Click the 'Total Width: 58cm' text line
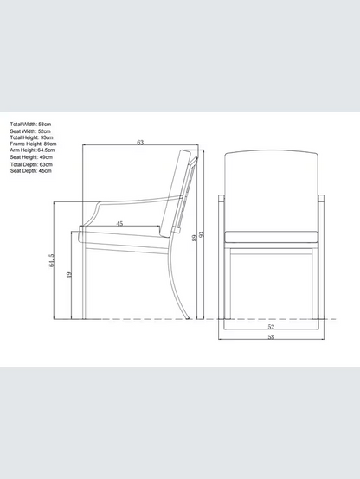(30, 124)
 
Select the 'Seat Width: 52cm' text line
(30, 131)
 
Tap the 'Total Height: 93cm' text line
(31, 137)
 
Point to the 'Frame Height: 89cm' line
(33, 144)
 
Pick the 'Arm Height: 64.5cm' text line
(32, 150)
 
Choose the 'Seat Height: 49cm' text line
(31, 157)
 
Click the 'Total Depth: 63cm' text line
(31, 164)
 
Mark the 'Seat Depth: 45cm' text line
(31, 171)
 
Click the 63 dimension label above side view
(140, 143)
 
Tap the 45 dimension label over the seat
(120, 224)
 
